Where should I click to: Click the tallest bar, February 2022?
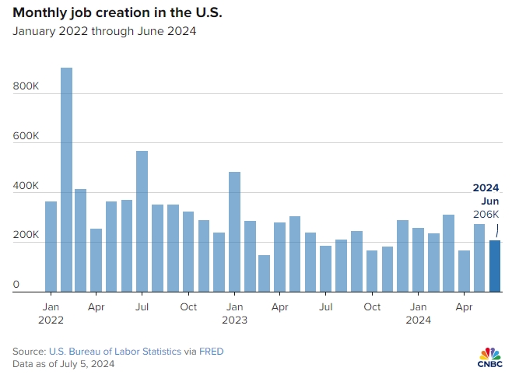pos(66,179)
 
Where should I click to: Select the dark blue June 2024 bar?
pos(495,265)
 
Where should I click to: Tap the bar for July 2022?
pos(142,221)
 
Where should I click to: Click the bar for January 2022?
pos(51,246)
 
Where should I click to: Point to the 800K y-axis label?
pos(26,87)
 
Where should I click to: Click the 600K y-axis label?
pos(26,136)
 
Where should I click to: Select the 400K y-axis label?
pos(26,186)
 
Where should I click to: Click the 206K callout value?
pos(486,214)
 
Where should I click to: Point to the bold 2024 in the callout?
pos(486,187)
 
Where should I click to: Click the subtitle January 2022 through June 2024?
pos(103,32)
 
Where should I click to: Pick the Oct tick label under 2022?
pos(188,306)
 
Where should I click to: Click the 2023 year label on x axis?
pos(234,320)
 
